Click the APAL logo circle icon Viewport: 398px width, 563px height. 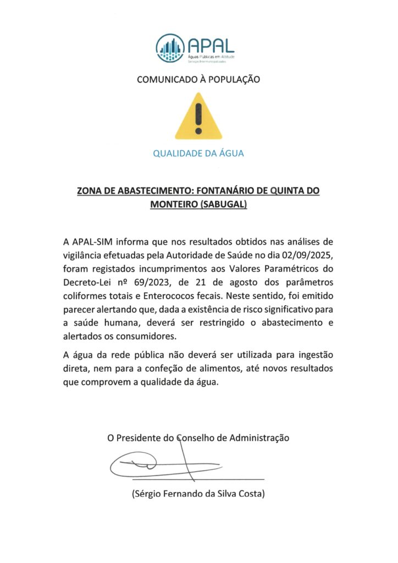coord(170,47)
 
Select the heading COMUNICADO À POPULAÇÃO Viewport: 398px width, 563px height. coord(198,79)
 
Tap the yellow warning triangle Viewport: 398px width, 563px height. coord(198,116)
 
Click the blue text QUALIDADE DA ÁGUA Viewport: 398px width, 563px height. coord(198,153)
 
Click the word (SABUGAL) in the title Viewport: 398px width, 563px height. coord(224,205)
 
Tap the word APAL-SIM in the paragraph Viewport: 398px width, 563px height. coord(94,241)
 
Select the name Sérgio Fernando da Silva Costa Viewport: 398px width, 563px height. coord(198,494)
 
